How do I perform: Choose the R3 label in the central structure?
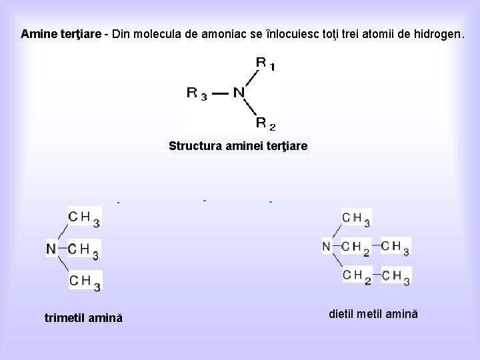(196, 93)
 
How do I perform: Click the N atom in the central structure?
(239, 93)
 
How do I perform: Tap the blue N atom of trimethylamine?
(51, 249)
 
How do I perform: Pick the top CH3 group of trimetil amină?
(84, 217)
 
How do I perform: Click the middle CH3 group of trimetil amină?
(84, 250)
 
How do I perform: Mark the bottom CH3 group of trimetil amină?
(84, 281)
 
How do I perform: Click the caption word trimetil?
(65, 317)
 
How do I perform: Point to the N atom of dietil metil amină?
(326, 247)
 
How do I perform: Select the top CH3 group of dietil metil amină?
(356, 218)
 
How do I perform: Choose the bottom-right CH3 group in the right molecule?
(396, 275)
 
